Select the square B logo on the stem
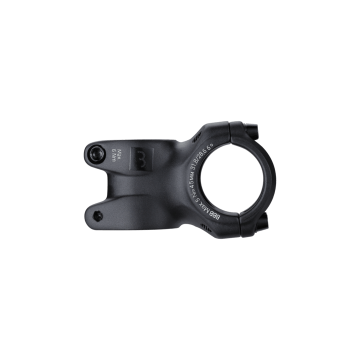tap(138, 157)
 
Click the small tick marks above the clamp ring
tap(198, 134)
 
